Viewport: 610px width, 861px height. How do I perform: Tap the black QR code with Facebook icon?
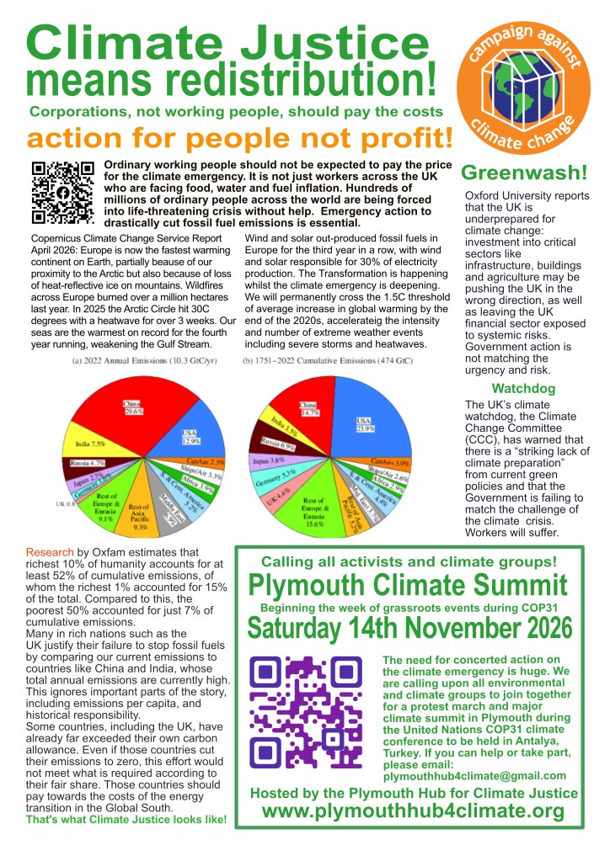[62, 192]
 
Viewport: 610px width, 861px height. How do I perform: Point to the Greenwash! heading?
[524, 173]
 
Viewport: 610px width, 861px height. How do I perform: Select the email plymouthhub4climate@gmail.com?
[474, 775]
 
